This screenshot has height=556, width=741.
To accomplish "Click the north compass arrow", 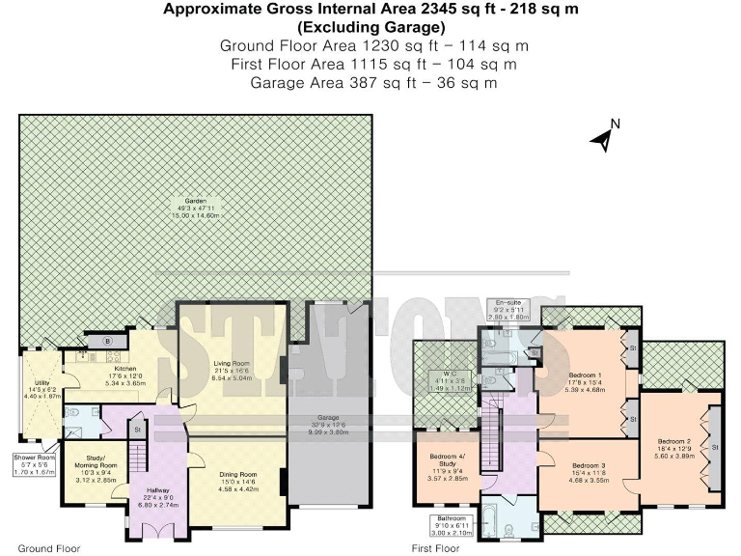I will point(603,140).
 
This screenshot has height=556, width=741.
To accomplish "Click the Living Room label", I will point(232,364).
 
